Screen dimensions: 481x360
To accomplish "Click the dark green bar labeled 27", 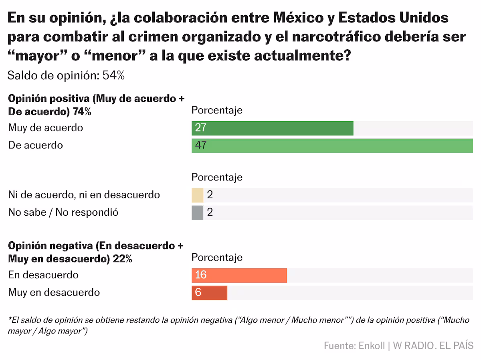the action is (x=273, y=128).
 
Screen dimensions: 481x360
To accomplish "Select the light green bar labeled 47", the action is (x=332, y=146).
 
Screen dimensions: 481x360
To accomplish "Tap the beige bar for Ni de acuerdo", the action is (x=198, y=195).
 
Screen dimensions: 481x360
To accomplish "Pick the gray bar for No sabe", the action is (x=198, y=212).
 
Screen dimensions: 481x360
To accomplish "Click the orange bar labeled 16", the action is (x=239, y=275).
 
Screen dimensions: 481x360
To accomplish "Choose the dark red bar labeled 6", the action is (x=210, y=293).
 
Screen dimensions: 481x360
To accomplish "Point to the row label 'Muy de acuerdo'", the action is (x=46, y=128).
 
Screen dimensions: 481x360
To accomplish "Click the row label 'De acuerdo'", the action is (x=36, y=145).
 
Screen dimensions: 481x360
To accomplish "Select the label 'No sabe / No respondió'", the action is (x=63, y=212).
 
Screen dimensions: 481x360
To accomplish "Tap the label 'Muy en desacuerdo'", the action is (x=54, y=293).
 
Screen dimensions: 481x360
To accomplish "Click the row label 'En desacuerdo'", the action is (x=43, y=275).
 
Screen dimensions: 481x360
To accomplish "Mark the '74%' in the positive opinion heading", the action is (x=82, y=112).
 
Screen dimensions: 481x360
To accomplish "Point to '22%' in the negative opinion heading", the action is (x=123, y=259).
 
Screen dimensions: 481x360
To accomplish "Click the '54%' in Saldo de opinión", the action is (x=113, y=76).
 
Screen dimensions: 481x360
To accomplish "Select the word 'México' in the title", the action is (x=298, y=18).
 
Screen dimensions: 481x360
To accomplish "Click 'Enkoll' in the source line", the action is (x=372, y=346).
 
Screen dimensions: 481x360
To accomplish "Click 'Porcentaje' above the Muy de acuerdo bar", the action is (x=217, y=110).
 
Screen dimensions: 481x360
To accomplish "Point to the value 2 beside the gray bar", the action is (x=210, y=212).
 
